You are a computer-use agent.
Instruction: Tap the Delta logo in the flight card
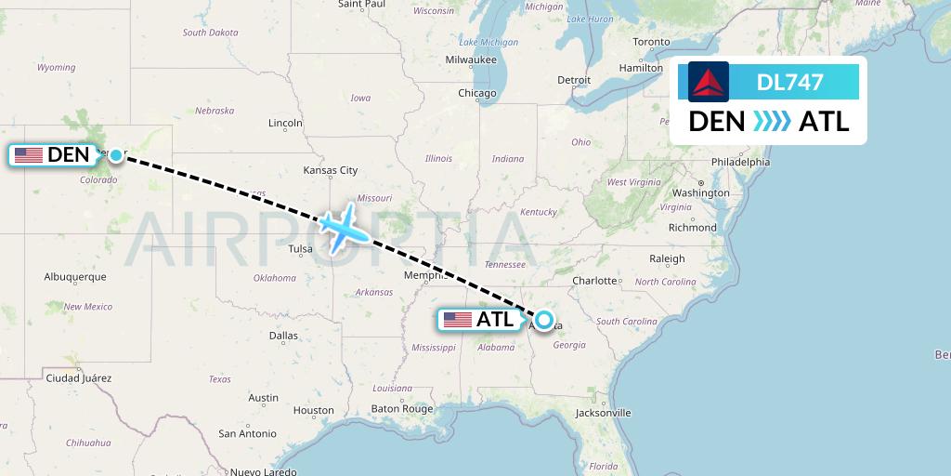click(x=709, y=82)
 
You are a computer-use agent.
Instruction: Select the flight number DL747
click(x=789, y=82)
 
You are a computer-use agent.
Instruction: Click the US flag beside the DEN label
click(x=29, y=155)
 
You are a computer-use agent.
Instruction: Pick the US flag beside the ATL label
click(x=458, y=321)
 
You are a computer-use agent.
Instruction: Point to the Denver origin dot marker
click(x=115, y=155)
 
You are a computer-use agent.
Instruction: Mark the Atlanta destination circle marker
click(x=543, y=321)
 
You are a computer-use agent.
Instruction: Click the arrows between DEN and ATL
click(x=772, y=121)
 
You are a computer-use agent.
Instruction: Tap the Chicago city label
click(x=476, y=93)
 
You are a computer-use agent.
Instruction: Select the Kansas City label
click(x=331, y=170)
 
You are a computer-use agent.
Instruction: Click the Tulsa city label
click(x=301, y=248)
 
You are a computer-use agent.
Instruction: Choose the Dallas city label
click(x=283, y=335)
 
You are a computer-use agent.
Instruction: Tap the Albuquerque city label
click(x=75, y=277)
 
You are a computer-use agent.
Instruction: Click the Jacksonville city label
click(x=603, y=412)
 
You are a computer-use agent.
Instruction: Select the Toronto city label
click(x=650, y=42)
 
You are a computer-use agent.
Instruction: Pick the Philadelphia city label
click(x=740, y=162)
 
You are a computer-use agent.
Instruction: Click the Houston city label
click(x=313, y=410)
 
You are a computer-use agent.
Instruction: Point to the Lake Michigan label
click(x=489, y=42)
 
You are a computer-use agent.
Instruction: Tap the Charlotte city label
click(x=594, y=280)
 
